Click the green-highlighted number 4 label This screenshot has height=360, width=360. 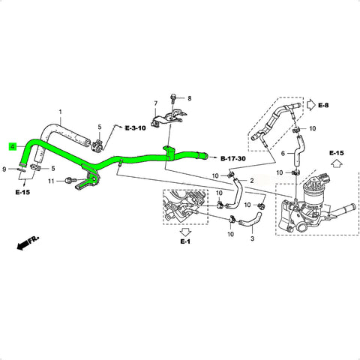point(13,147)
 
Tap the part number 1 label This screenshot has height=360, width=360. point(60,112)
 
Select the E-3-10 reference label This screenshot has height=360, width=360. point(136,128)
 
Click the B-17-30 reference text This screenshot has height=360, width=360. point(233,158)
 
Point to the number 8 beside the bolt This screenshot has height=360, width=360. point(190,98)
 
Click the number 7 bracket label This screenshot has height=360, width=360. point(156,103)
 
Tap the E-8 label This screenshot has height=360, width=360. point(323,105)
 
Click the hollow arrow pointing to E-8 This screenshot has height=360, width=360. point(311,105)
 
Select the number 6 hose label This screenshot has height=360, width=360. point(283,153)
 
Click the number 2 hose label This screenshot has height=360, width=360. point(252,181)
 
